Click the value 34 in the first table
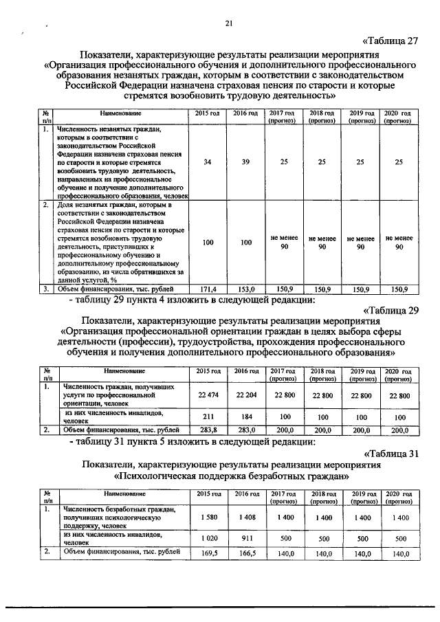click(207, 162)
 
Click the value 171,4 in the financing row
click(207, 289)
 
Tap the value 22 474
click(207, 395)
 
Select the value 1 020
click(207, 539)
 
